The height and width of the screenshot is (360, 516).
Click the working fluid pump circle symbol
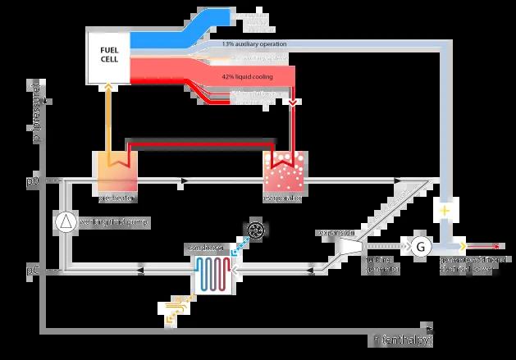[63, 221]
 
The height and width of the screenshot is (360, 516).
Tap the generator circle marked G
[418, 245]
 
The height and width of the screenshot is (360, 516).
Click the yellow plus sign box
[446, 211]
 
